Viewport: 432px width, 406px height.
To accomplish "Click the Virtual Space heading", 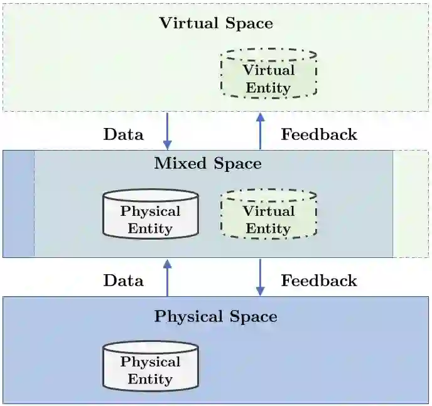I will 216,24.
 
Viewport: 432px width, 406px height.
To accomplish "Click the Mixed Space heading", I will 208,164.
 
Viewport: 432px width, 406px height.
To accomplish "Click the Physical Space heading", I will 215,316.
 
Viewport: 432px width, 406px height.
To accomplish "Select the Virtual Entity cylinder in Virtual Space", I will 268,75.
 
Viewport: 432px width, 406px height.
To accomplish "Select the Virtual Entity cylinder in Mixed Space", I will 268,215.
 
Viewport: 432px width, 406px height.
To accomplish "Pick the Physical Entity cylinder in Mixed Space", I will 150,215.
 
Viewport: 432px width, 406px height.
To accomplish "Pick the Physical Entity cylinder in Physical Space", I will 150,366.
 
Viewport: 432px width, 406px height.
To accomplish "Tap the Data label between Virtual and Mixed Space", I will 123,134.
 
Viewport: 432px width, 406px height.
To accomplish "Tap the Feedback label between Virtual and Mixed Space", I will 319,134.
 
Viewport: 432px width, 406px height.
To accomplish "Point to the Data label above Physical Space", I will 123,280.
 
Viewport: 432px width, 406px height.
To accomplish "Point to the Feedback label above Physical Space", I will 319,280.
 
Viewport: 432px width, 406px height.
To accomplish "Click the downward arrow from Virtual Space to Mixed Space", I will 168,131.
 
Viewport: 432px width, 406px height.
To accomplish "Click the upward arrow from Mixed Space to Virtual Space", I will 261,131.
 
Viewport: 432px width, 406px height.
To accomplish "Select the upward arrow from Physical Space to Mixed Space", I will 168,277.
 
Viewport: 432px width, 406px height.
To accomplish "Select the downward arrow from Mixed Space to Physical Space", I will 261,277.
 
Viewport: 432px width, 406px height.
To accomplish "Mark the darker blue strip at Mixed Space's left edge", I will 19,204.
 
